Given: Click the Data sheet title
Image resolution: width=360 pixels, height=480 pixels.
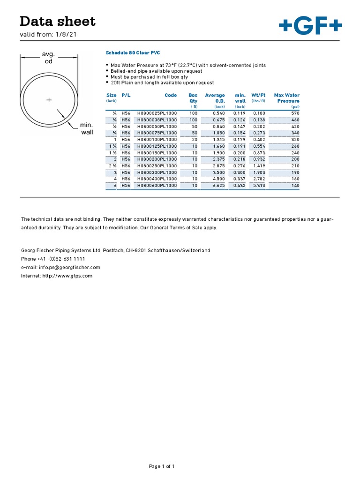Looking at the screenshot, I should point(57,21).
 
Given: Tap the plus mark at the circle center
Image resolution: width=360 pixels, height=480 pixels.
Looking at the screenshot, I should point(48,100).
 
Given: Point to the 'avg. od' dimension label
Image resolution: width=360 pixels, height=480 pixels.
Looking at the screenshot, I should point(49,58).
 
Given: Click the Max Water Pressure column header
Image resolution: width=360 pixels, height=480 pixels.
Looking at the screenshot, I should point(286,98).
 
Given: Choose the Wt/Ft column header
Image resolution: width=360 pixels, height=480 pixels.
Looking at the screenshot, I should point(258,95).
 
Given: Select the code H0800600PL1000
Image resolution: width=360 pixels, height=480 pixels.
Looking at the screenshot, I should point(157,185).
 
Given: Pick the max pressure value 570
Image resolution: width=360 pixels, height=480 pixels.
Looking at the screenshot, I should point(295,113).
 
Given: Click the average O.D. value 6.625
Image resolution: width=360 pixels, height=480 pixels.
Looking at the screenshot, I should point(219,185).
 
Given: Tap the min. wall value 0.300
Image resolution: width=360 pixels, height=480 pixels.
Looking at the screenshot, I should point(240,172).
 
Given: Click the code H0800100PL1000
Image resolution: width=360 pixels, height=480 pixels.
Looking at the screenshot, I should point(157,140).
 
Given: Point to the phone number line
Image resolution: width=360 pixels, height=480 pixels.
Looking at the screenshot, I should point(53,259).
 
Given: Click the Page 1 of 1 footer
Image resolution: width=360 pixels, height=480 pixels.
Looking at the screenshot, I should point(162,466).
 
